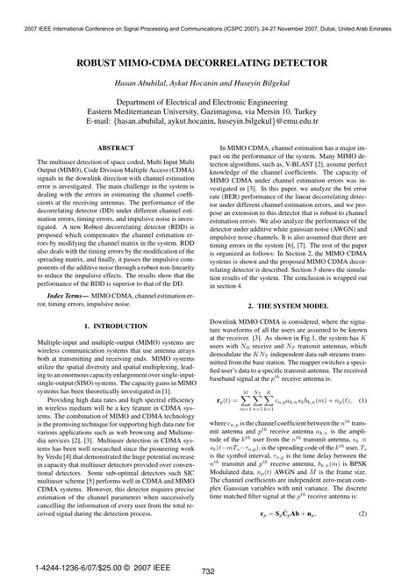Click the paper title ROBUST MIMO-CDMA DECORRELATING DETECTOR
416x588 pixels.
click(208, 65)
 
